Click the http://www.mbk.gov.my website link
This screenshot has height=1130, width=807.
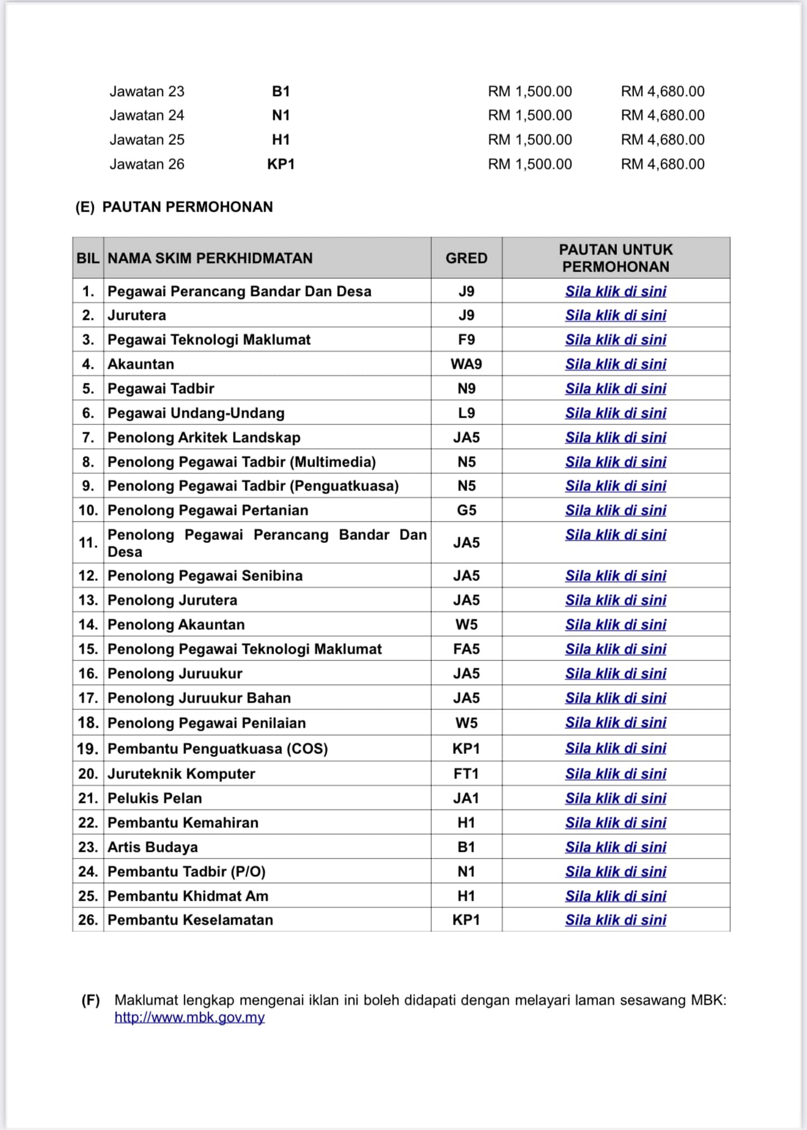pos(190,1017)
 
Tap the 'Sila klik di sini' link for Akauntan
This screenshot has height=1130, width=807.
pos(616,364)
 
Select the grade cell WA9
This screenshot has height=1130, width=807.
pos(466,364)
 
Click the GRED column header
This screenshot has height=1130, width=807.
pos(466,258)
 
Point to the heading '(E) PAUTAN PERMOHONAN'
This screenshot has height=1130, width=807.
pos(174,207)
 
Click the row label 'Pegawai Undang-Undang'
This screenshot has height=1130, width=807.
pos(196,413)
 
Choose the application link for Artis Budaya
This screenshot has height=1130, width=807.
pos(616,847)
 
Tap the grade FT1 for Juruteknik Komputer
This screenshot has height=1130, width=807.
pos(466,774)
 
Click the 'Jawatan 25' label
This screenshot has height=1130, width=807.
pos(147,139)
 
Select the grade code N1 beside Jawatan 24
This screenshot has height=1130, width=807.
pos(281,115)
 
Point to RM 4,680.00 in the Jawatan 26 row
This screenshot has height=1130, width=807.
pos(663,164)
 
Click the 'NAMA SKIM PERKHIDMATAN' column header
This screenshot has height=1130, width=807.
pos(210,258)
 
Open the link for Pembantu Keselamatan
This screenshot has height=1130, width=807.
pos(616,920)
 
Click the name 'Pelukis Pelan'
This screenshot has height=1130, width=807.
pos(155,798)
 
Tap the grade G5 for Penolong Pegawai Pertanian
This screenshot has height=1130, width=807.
pos(466,510)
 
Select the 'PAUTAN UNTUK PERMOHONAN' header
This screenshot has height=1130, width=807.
pos(616,258)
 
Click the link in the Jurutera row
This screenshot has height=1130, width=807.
pos(616,315)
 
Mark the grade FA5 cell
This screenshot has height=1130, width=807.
pos(466,649)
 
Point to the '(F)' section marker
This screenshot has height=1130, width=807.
pos(90,1000)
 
